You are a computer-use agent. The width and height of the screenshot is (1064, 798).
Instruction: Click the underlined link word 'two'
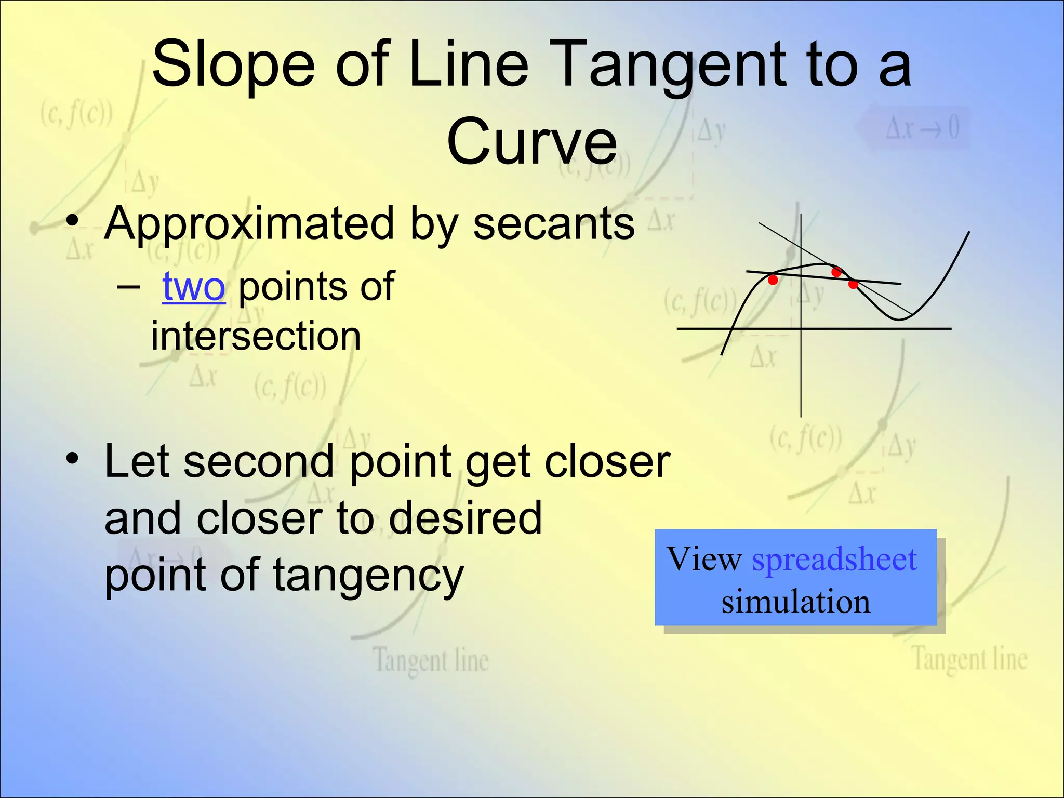194,286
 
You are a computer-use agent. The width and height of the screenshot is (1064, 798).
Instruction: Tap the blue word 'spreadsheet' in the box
834,560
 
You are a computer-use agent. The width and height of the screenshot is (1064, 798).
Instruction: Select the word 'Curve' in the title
532,141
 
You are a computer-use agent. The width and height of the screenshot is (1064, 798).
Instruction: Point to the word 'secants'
554,223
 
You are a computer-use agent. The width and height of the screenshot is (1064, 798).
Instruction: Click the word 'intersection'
256,336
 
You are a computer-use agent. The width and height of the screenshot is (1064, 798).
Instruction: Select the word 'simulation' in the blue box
795,602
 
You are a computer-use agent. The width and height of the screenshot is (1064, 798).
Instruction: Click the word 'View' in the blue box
704,560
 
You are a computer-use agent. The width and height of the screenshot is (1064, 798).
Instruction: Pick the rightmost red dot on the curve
853,284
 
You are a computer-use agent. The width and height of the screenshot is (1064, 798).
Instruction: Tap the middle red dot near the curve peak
836,272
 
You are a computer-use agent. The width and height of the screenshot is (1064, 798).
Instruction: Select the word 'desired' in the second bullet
465,518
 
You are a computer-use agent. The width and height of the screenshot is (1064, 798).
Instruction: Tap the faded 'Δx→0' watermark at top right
922,128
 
